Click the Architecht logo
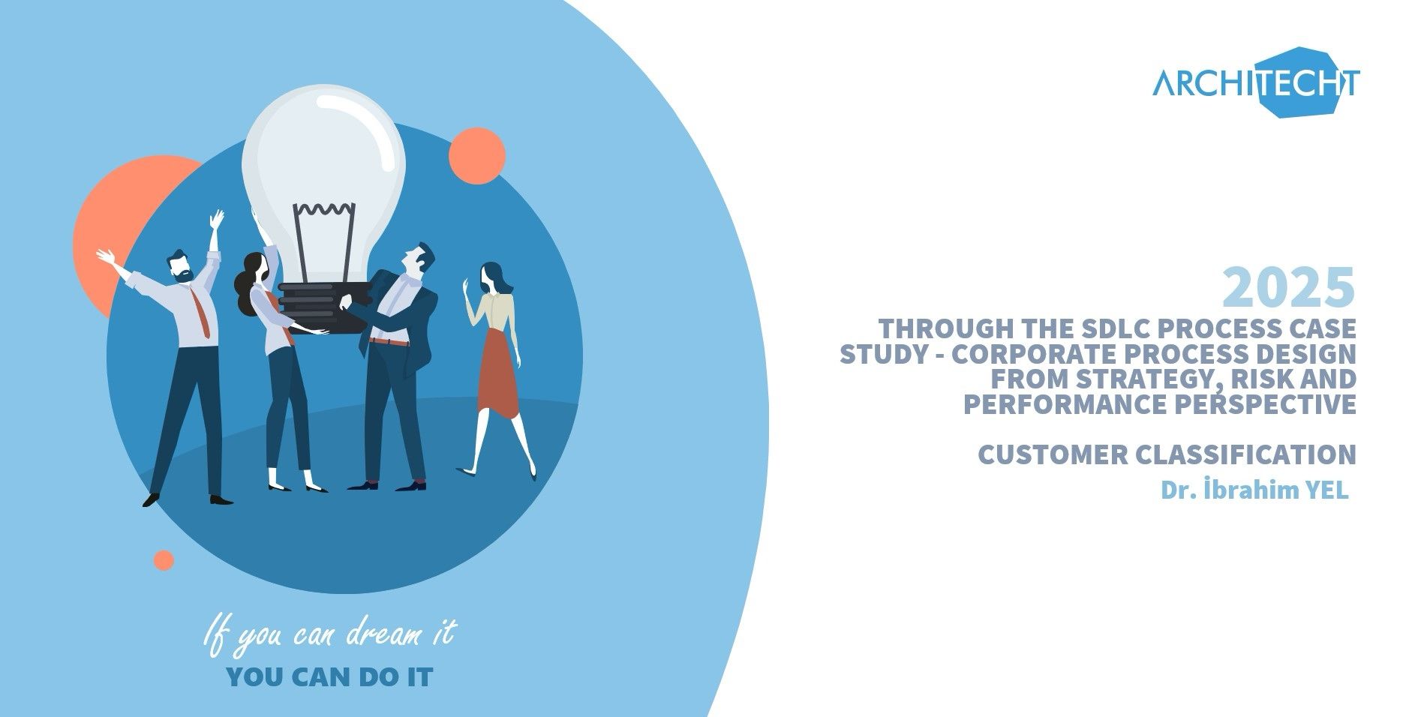coord(1256,83)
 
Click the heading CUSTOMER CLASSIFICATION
coord(1167,454)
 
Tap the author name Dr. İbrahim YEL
coord(1254,490)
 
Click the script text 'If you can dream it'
coord(329,634)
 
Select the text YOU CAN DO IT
coord(329,678)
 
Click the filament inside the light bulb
coord(324,238)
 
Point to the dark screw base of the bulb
coord(324,307)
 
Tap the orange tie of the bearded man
coord(201,310)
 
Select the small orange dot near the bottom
coord(164,560)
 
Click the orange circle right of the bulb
coord(477,156)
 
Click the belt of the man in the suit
coord(389,341)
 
